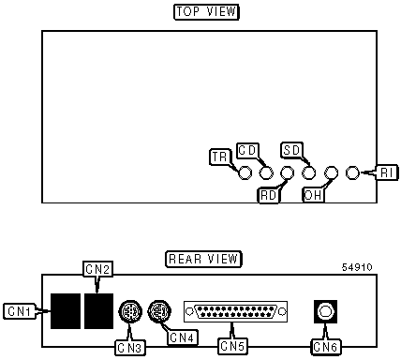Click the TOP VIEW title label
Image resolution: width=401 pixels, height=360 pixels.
[206, 12]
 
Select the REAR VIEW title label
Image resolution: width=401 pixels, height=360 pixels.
[203, 259]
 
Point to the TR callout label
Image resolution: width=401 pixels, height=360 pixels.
[220, 157]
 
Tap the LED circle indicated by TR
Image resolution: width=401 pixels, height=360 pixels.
[245, 172]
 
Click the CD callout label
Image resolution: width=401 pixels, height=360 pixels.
[247, 151]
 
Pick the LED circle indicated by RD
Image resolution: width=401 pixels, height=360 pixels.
[287, 172]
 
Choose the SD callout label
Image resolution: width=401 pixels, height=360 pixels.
[291, 150]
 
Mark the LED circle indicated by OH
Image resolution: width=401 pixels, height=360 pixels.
[331, 172]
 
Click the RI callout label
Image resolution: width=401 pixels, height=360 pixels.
[387, 172]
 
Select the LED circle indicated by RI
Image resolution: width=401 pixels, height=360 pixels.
[352, 172]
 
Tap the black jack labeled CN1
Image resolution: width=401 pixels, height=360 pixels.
[66, 311]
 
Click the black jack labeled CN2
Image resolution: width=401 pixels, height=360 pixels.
[98, 311]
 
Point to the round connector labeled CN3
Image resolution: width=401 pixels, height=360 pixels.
[130, 312]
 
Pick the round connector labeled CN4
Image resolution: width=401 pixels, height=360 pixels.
[159, 311]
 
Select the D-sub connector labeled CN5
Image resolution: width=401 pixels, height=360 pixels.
[235, 311]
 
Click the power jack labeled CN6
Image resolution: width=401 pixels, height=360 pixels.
[326, 312]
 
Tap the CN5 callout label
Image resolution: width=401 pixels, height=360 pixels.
[232, 346]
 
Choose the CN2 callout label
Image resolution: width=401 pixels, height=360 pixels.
[97, 269]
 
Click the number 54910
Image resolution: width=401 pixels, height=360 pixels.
[357, 267]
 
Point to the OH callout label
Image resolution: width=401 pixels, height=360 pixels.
[313, 195]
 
